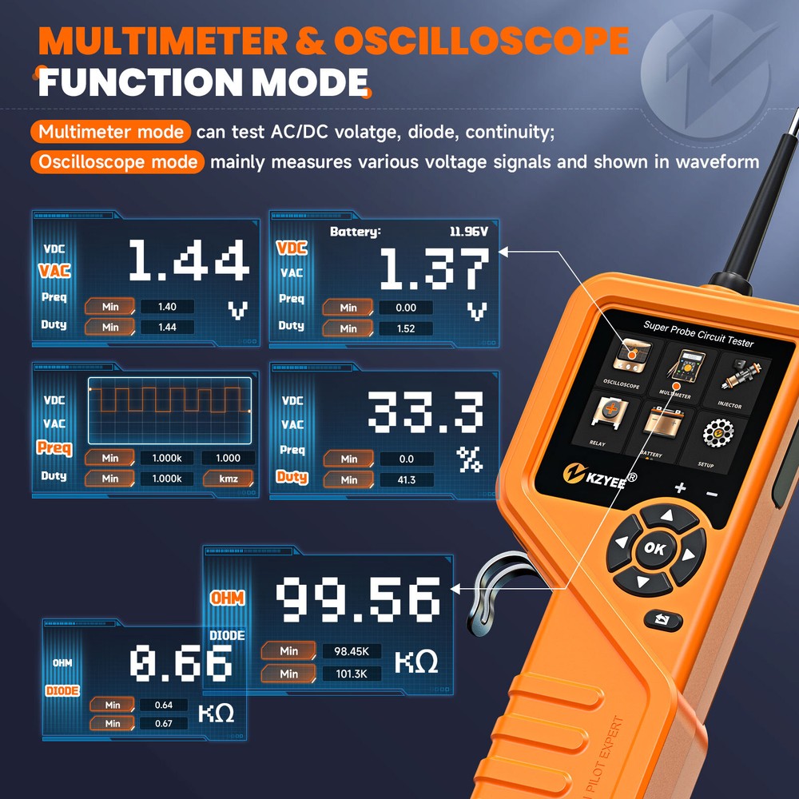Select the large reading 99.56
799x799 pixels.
pos(358,601)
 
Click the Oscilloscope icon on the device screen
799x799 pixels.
pos(622,360)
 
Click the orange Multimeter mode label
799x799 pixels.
pos(111,132)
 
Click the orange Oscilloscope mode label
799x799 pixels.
pos(117,162)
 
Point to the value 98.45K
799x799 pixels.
pos(352,651)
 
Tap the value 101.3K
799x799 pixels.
pos(352,674)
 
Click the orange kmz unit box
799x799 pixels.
pos(228,479)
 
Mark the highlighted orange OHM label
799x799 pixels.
pos(227,598)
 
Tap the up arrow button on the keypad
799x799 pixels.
pos(658,517)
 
